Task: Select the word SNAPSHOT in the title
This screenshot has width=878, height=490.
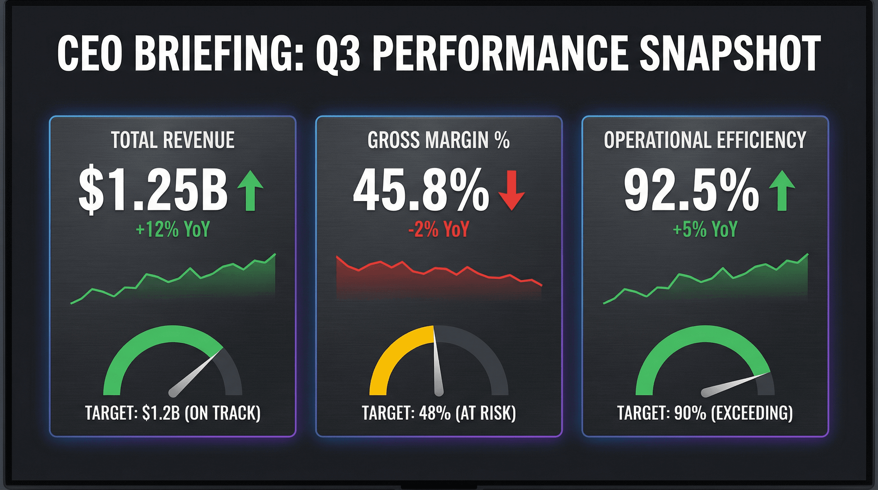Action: [729, 54]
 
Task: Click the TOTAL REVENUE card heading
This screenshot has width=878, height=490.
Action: [173, 140]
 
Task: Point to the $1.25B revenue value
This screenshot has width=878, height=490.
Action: [153, 189]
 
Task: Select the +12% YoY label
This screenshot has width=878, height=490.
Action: [173, 229]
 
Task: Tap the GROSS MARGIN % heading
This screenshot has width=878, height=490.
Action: [439, 140]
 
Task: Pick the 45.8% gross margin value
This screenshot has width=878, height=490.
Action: [421, 190]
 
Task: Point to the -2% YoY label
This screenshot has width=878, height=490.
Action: [439, 229]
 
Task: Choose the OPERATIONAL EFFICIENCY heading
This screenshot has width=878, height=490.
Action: [705, 140]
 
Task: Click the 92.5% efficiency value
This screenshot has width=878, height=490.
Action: [691, 190]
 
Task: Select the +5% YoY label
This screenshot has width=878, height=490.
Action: [705, 229]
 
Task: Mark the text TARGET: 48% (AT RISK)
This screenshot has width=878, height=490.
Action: [439, 413]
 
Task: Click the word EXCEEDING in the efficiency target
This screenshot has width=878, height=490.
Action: [752, 413]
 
